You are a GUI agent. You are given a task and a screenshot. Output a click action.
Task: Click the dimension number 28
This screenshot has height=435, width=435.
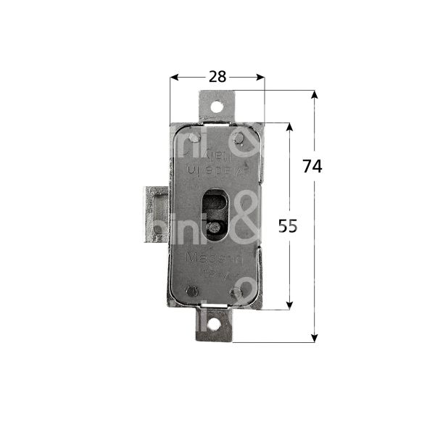[217, 76]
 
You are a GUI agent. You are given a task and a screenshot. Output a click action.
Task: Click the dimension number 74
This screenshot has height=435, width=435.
[312, 165]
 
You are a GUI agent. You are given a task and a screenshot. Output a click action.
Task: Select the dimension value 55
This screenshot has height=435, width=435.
[288, 226]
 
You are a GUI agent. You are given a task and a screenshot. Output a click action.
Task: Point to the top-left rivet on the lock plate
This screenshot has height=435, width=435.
[192, 138]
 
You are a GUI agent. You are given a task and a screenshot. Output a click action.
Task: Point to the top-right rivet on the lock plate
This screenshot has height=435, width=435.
[239, 138]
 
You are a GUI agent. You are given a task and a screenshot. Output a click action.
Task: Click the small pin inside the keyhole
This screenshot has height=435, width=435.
[214, 228]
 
